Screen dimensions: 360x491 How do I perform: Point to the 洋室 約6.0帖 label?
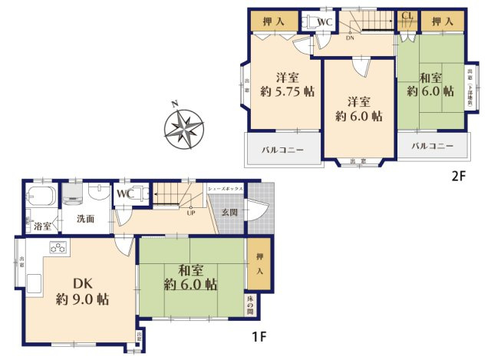(358, 109)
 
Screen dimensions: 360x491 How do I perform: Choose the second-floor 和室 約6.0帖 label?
(431, 84)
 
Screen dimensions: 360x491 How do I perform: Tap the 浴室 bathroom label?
(43, 226)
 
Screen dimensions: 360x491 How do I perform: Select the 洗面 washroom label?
(85, 219)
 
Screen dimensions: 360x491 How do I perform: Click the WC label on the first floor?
(125, 194)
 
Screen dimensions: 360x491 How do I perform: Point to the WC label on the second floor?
(324, 21)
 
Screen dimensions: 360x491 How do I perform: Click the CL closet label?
(407, 15)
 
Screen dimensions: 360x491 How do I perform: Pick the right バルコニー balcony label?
(430, 146)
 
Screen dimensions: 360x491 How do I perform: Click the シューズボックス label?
(226, 188)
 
